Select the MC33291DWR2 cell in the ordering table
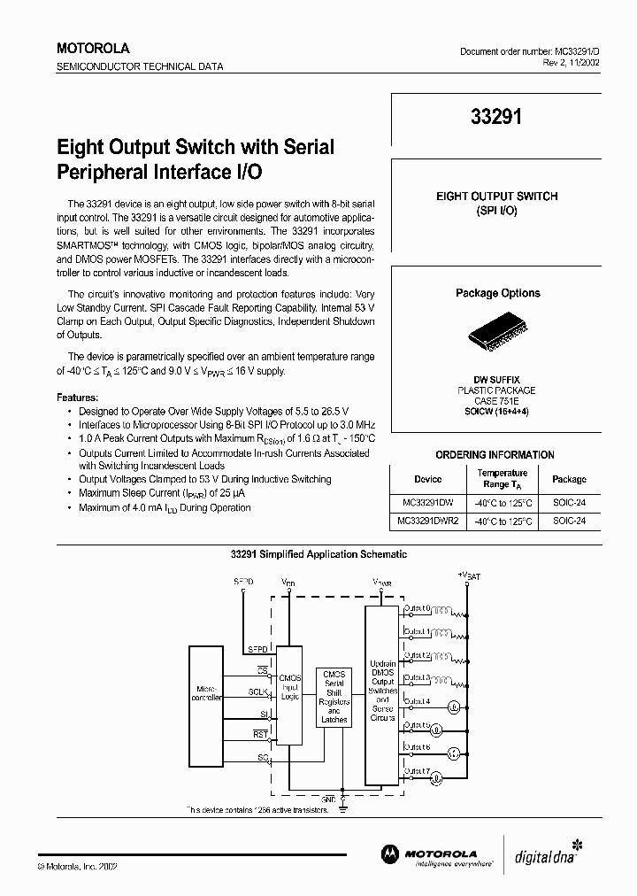[x=427, y=521]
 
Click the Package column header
[x=569, y=479]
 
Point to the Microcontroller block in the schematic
[x=207, y=694]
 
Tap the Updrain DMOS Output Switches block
[x=382, y=693]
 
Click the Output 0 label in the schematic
[x=417, y=609]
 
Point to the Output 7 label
[x=417, y=770]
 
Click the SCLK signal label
[x=257, y=691]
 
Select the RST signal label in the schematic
[x=260, y=734]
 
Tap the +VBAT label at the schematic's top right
[x=469, y=575]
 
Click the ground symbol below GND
[x=342, y=807]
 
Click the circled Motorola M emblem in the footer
[x=390, y=853]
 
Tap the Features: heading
[x=78, y=398]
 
